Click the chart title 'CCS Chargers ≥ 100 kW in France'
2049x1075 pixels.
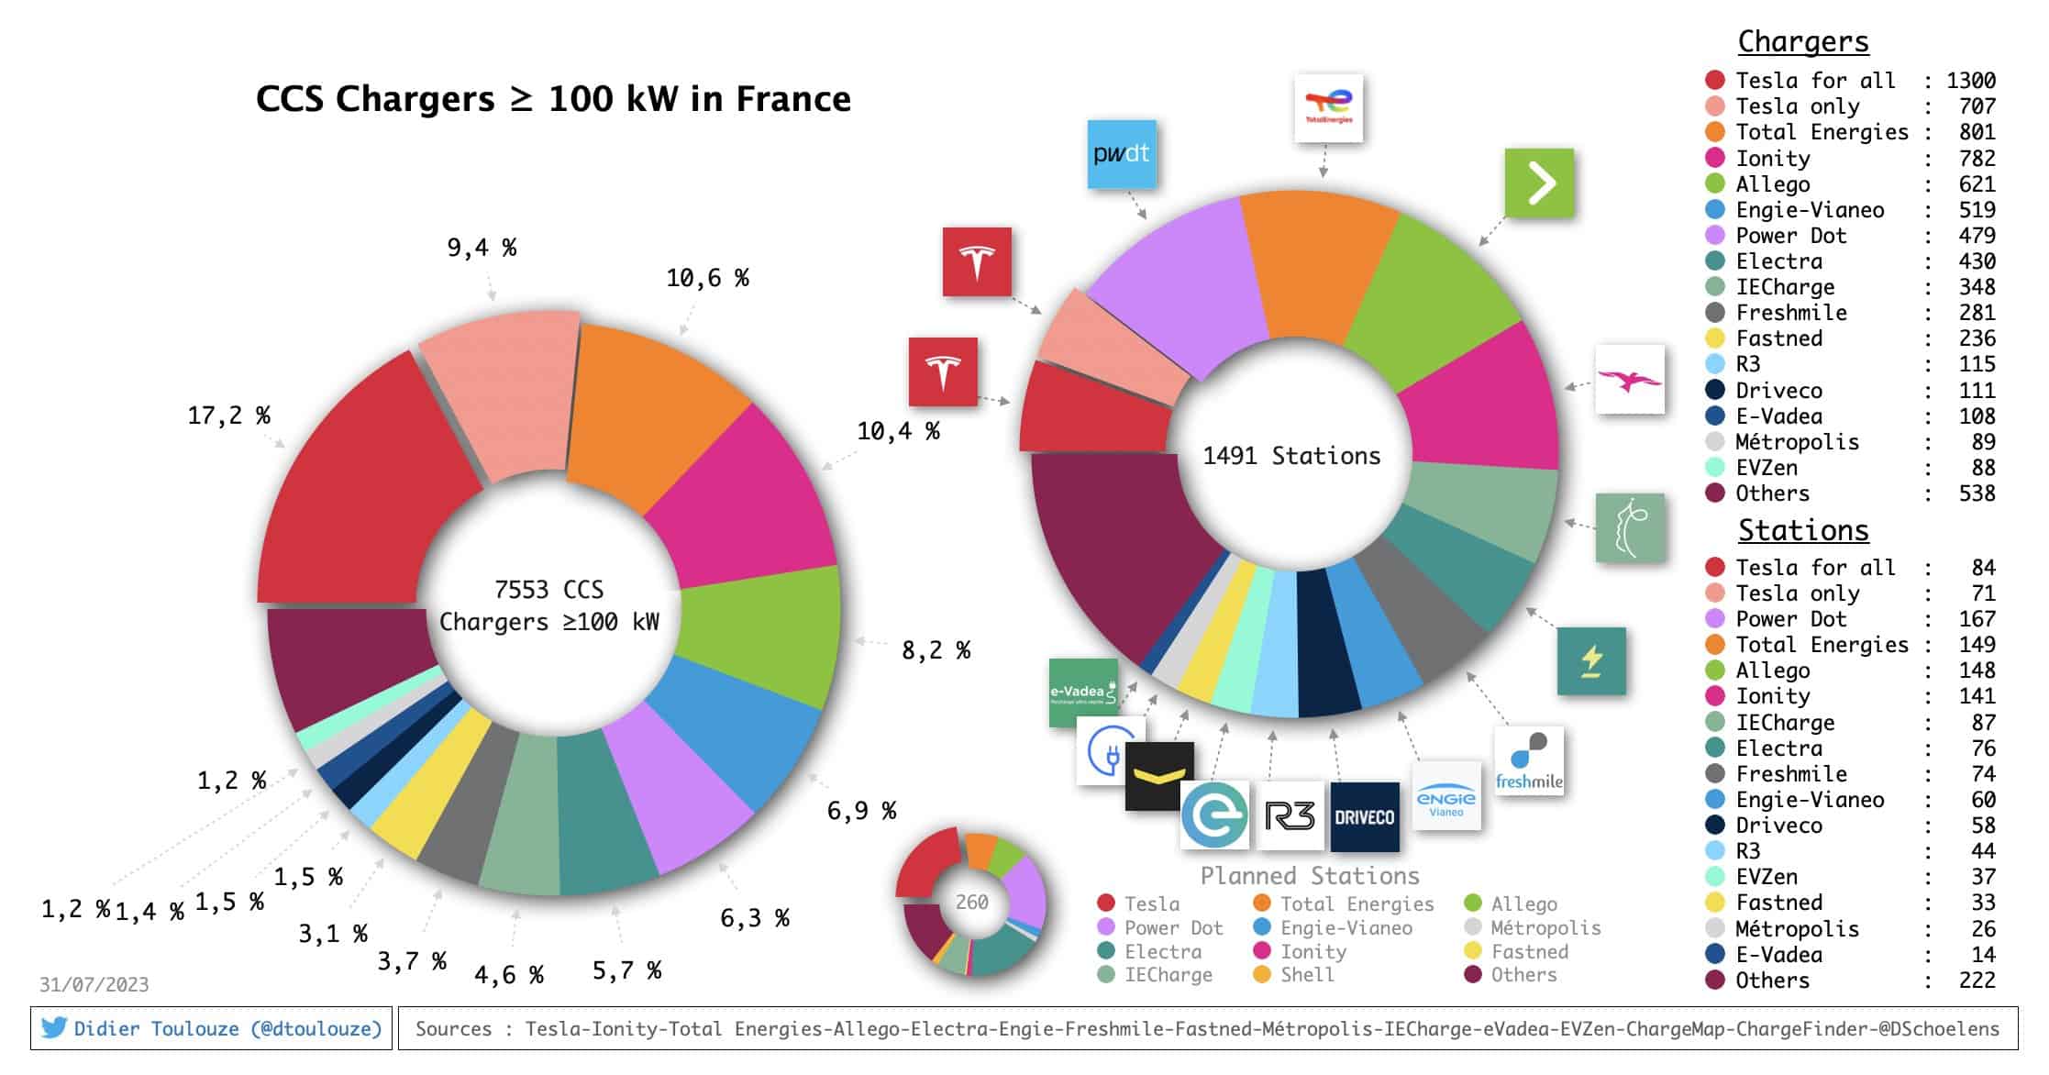click(x=553, y=99)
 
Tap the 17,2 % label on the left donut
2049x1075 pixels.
click(x=229, y=416)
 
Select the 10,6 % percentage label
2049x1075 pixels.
click(x=707, y=279)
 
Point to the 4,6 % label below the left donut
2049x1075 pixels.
click(x=509, y=975)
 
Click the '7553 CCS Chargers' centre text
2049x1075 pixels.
click(x=548, y=605)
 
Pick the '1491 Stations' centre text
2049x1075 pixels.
click(x=1291, y=456)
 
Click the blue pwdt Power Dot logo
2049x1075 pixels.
click(x=1121, y=154)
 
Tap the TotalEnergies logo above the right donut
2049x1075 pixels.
click(x=1328, y=108)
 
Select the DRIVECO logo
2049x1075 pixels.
click(x=1364, y=816)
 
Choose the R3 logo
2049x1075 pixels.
click(x=1290, y=815)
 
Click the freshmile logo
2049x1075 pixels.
click(x=1529, y=761)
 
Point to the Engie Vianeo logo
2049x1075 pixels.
click(x=1446, y=796)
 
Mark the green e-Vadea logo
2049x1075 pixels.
click(x=1083, y=693)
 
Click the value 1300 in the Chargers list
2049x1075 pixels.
click(x=1971, y=81)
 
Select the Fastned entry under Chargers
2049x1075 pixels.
click(x=1778, y=338)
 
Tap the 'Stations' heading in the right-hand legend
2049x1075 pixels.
click(x=1802, y=531)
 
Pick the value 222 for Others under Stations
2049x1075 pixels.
click(x=1977, y=981)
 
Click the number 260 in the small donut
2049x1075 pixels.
click(x=971, y=903)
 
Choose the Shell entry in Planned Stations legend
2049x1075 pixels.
click(x=1306, y=975)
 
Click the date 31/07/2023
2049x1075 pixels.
click(x=94, y=985)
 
